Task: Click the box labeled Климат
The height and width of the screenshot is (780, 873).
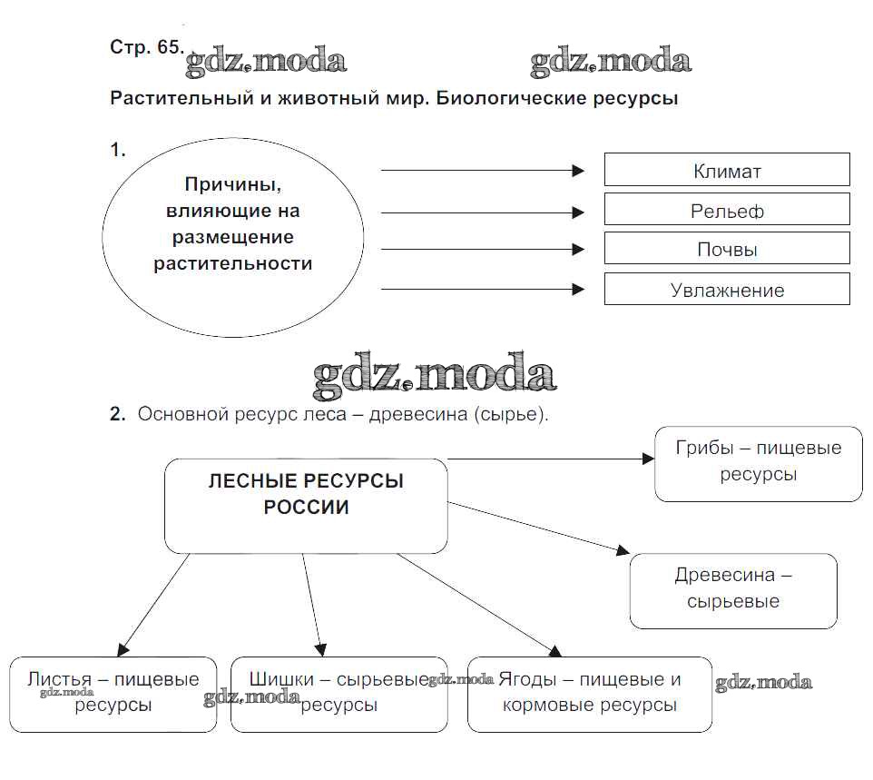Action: pyautogui.click(x=727, y=170)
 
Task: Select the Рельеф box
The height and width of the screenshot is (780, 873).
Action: pyautogui.click(x=727, y=210)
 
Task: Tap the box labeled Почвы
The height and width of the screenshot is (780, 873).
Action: pyautogui.click(x=727, y=249)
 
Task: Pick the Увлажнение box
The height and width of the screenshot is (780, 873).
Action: pyautogui.click(x=727, y=290)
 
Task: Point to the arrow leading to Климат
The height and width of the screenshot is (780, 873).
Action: pyautogui.click(x=481, y=170)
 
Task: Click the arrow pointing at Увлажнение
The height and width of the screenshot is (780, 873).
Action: pyautogui.click(x=481, y=290)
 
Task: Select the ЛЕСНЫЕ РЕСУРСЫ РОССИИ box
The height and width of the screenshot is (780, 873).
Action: pyautogui.click(x=306, y=505)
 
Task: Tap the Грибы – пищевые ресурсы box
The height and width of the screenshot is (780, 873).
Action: pyautogui.click(x=758, y=463)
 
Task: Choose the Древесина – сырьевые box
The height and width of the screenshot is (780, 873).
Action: pyautogui.click(x=733, y=590)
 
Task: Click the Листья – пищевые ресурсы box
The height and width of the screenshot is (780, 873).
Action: pyautogui.click(x=113, y=694)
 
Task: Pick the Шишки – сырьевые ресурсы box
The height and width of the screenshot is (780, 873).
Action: pyautogui.click(x=338, y=694)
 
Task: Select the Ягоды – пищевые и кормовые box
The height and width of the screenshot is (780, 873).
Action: pyautogui.click(x=589, y=694)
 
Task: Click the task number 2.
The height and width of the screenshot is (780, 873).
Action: pyautogui.click(x=116, y=414)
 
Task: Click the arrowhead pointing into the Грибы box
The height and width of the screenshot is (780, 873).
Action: pyautogui.click(x=647, y=459)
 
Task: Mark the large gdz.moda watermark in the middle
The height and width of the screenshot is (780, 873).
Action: pyautogui.click(x=434, y=376)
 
